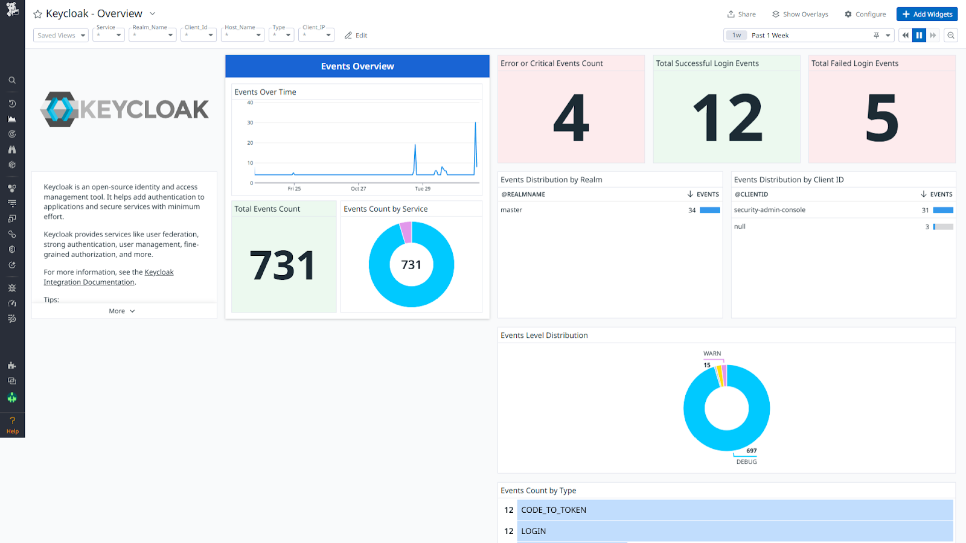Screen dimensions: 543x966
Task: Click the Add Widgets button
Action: coord(927,14)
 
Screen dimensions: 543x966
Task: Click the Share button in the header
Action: coord(741,14)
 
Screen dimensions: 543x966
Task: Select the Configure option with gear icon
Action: coord(865,14)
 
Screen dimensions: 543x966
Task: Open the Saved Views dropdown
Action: coord(61,36)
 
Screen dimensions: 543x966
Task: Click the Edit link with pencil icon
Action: coord(356,36)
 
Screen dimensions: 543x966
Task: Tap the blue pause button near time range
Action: coord(919,36)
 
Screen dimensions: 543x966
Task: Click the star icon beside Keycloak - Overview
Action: coord(37,14)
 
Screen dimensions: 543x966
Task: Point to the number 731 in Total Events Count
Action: coord(283,265)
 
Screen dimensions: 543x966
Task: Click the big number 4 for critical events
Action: coord(571,118)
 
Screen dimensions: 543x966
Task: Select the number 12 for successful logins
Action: coord(727,118)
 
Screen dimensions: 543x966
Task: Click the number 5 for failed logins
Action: coord(881,118)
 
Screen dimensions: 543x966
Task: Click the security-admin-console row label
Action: coord(769,210)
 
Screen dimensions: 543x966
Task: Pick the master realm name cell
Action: coord(511,210)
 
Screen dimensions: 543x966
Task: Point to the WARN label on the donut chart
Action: coord(712,354)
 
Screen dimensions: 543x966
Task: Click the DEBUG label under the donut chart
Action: coord(746,462)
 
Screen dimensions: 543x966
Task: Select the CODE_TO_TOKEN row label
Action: coord(554,510)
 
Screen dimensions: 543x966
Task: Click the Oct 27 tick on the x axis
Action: coord(359,189)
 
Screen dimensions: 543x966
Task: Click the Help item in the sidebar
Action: coord(12,425)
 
